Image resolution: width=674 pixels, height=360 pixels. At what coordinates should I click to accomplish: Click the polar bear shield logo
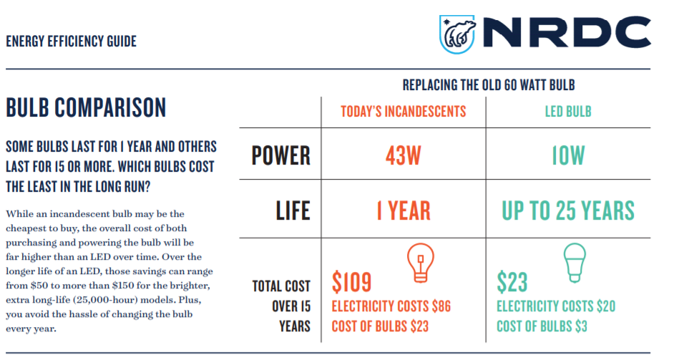[457, 34]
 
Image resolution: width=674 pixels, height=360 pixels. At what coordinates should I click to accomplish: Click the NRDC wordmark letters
[567, 31]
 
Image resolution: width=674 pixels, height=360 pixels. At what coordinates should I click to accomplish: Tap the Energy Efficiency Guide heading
[72, 42]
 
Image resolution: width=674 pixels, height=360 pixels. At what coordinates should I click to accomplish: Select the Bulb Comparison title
[86, 107]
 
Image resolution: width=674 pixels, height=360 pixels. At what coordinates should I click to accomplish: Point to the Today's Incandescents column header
[404, 112]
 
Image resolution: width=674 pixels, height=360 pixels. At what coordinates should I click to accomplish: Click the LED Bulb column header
[568, 112]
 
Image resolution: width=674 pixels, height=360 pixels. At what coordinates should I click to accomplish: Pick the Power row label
[280, 155]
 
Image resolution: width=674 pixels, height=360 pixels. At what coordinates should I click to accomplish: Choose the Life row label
[293, 210]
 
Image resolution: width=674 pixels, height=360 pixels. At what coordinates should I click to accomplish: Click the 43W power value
[404, 155]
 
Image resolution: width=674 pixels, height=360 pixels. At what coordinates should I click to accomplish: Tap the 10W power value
[568, 155]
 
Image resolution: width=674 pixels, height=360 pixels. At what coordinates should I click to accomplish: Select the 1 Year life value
[404, 210]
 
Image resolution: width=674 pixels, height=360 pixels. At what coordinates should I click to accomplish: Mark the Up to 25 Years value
[568, 210]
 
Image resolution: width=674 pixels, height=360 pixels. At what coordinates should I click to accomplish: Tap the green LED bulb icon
[575, 263]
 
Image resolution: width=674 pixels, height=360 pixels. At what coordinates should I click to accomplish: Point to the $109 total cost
[351, 282]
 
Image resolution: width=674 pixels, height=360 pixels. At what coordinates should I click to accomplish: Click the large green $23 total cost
[512, 282]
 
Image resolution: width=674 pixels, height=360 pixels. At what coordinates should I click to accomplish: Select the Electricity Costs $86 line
[391, 306]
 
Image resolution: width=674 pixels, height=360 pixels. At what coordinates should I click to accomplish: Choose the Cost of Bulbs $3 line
[542, 326]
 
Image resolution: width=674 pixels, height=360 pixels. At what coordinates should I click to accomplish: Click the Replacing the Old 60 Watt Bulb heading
[489, 85]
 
